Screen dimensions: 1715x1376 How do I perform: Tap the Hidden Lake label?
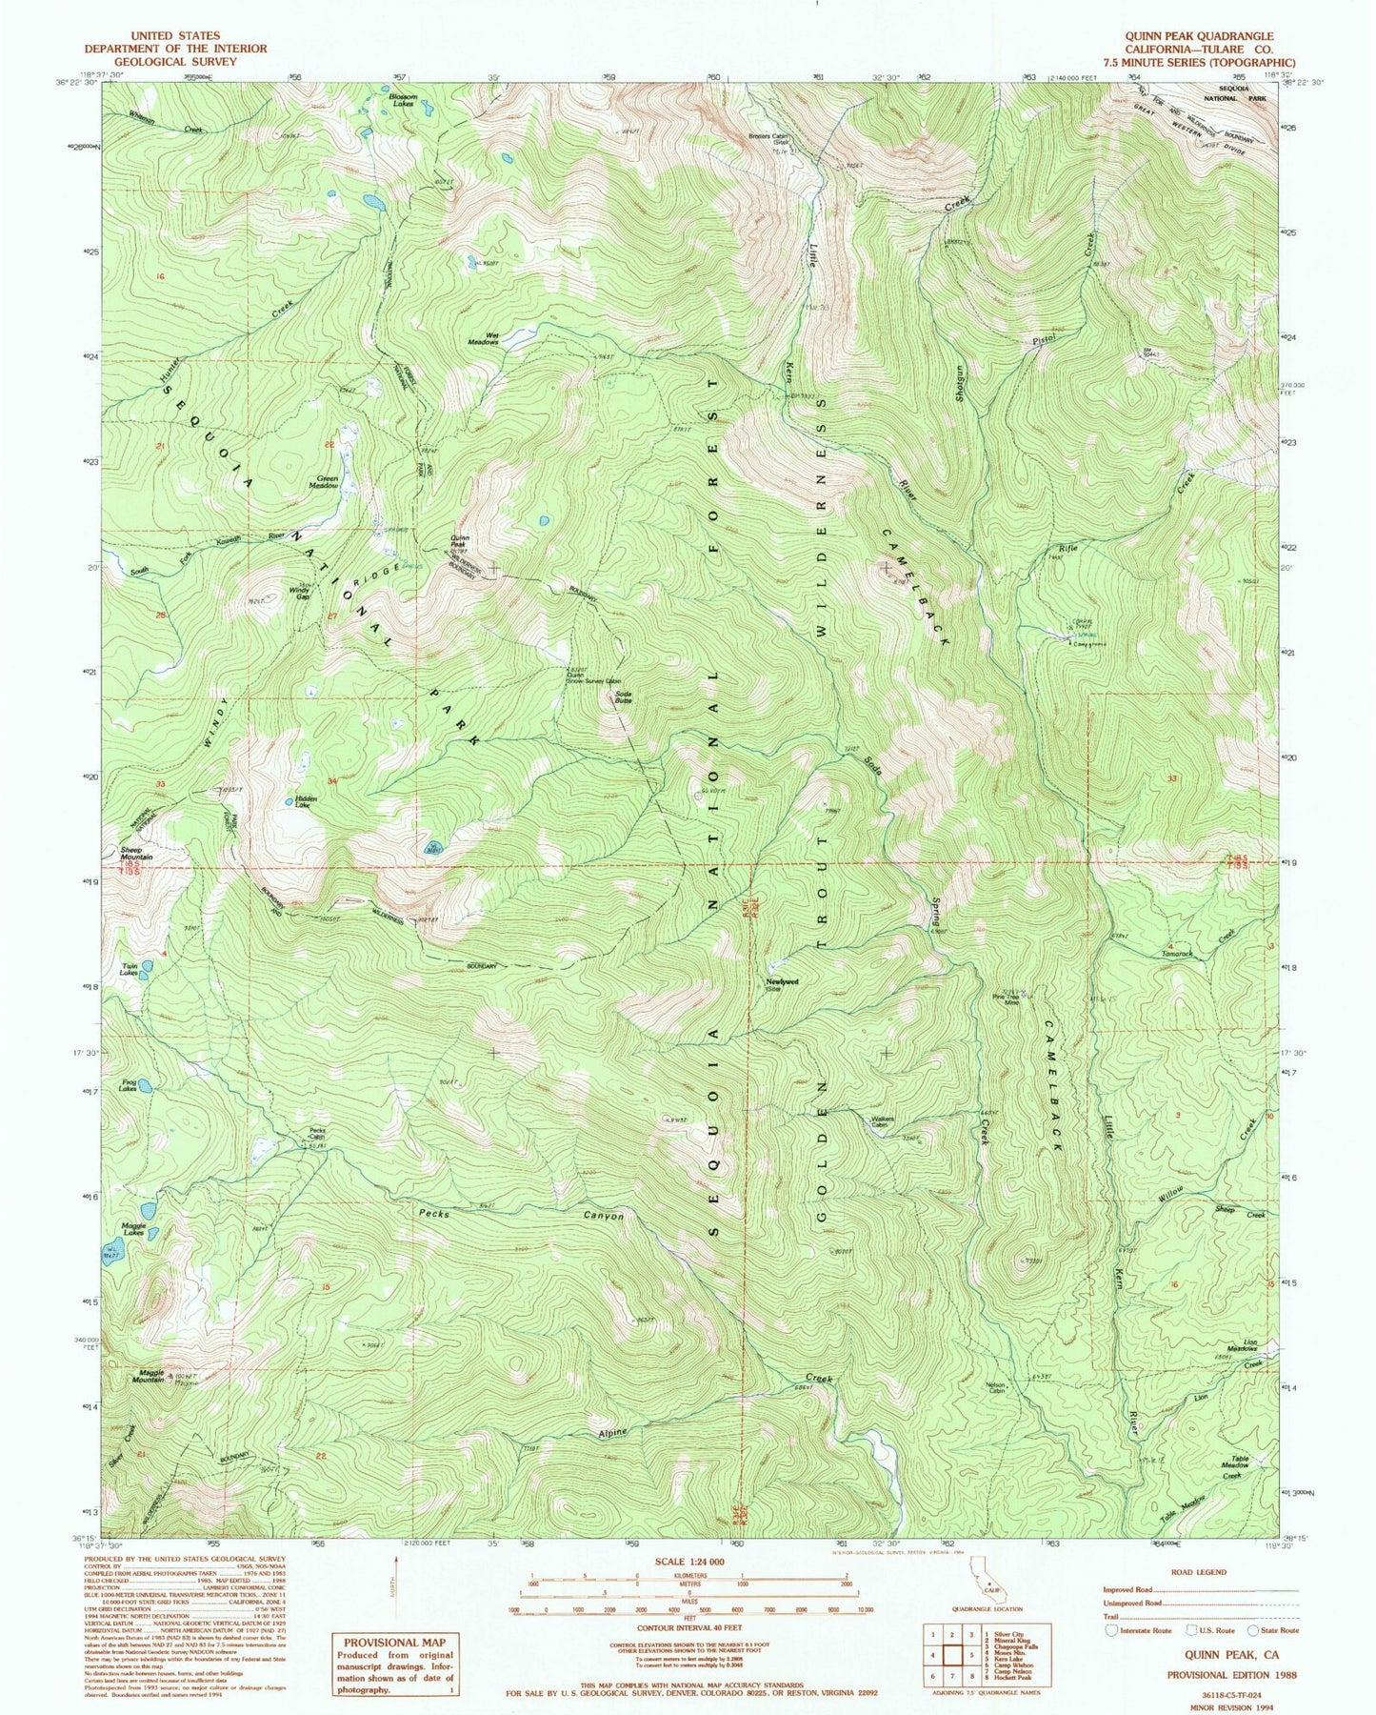(x=305, y=801)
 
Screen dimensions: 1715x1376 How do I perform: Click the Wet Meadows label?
(x=483, y=337)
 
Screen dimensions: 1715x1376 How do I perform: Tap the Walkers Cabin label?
(x=885, y=1121)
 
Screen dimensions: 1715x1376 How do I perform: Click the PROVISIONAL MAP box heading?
(x=393, y=1643)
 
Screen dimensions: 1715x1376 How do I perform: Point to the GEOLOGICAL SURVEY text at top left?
(x=175, y=61)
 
